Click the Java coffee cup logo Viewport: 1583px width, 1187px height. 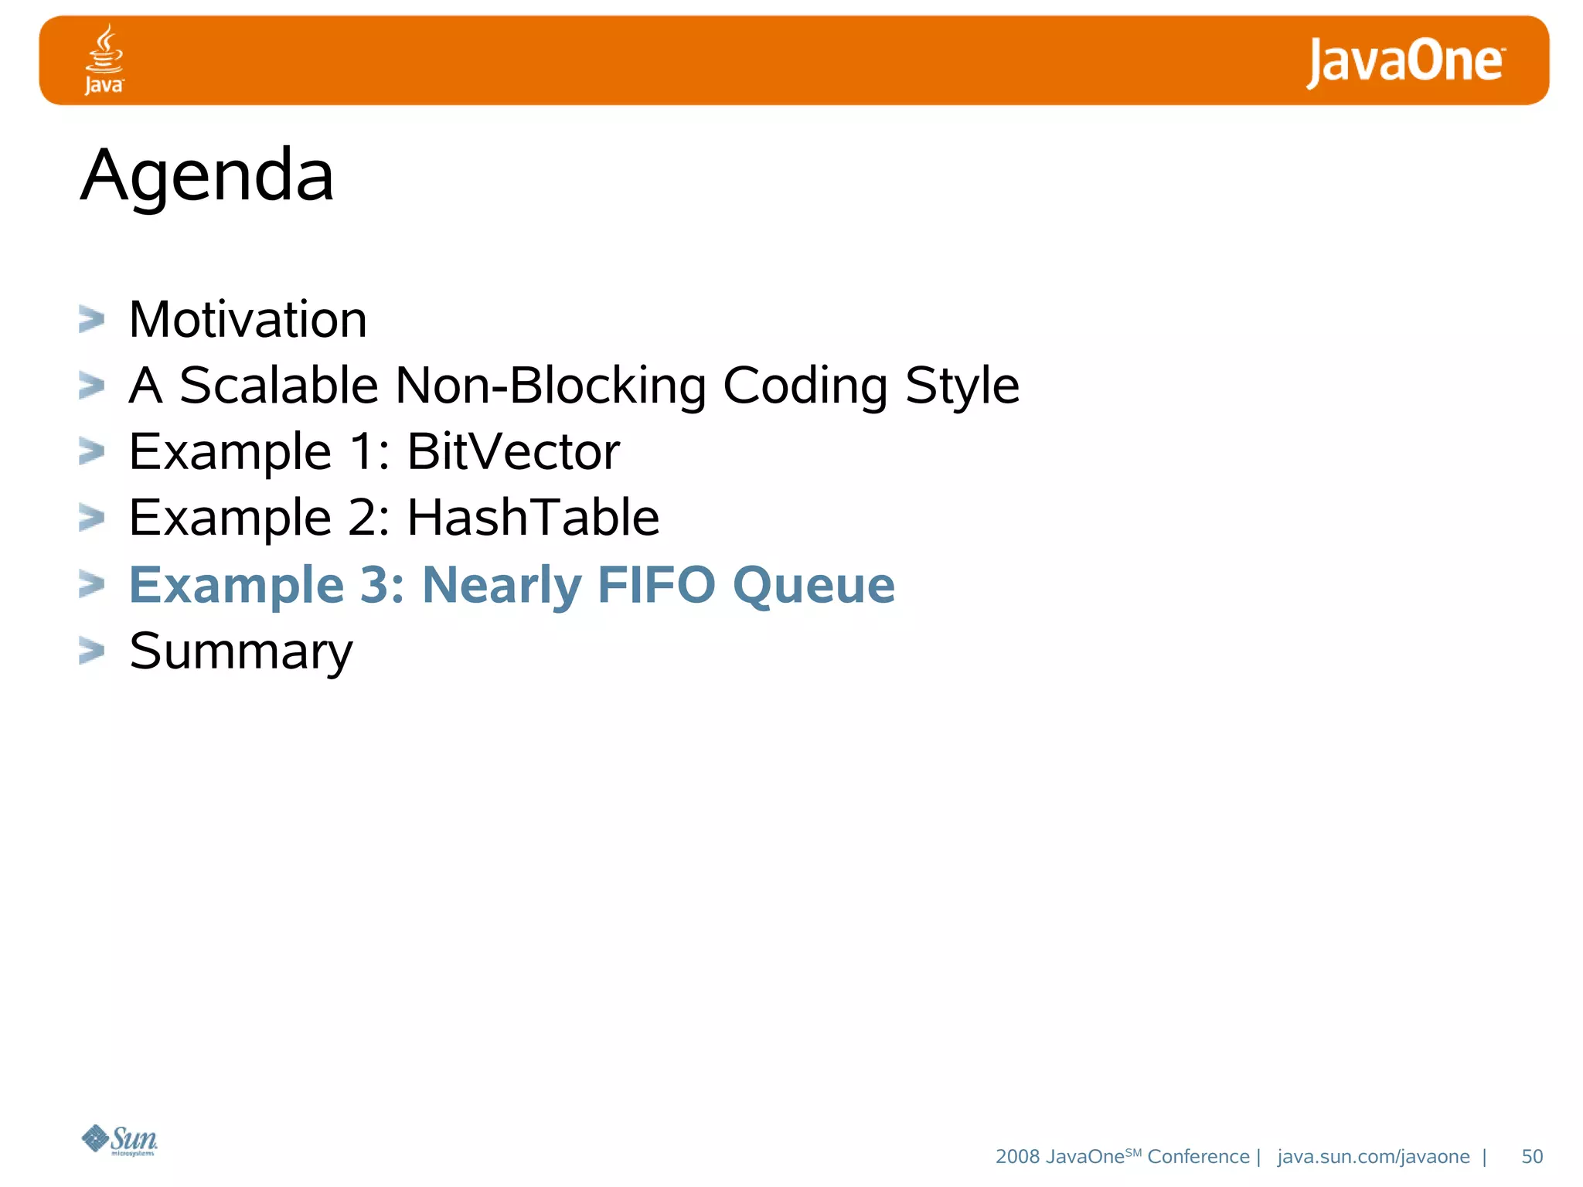[104, 59]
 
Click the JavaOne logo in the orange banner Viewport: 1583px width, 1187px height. [1404, 62]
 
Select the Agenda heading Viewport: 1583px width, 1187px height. [207, 176]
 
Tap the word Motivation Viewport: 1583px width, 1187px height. [248, 319]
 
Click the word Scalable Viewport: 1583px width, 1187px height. [279, 385]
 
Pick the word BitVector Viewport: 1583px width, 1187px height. [513, 451]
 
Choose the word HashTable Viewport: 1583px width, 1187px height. [533, 517]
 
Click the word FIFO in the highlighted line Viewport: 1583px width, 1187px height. [657, 584]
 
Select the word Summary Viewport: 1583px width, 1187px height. [241, 651]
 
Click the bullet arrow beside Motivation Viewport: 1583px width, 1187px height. [91, 319]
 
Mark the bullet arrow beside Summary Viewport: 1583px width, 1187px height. [91, 651]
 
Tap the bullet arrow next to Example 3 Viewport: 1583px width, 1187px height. [91, 584]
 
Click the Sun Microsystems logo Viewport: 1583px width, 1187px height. [120, 1140]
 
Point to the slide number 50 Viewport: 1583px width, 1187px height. [1532, 1157]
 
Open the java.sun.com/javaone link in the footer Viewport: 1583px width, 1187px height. [1374, 1157]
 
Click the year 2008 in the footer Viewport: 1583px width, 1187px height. [1017, 1157]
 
